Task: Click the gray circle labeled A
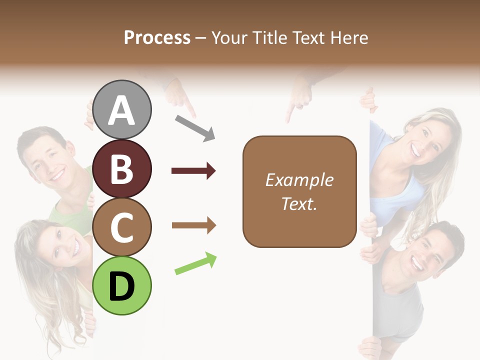122,109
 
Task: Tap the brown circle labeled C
122,227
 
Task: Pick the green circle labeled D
122,285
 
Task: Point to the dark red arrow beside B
193,171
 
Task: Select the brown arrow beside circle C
193,225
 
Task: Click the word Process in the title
157,37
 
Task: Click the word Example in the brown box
299,180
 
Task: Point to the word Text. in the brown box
299,203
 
